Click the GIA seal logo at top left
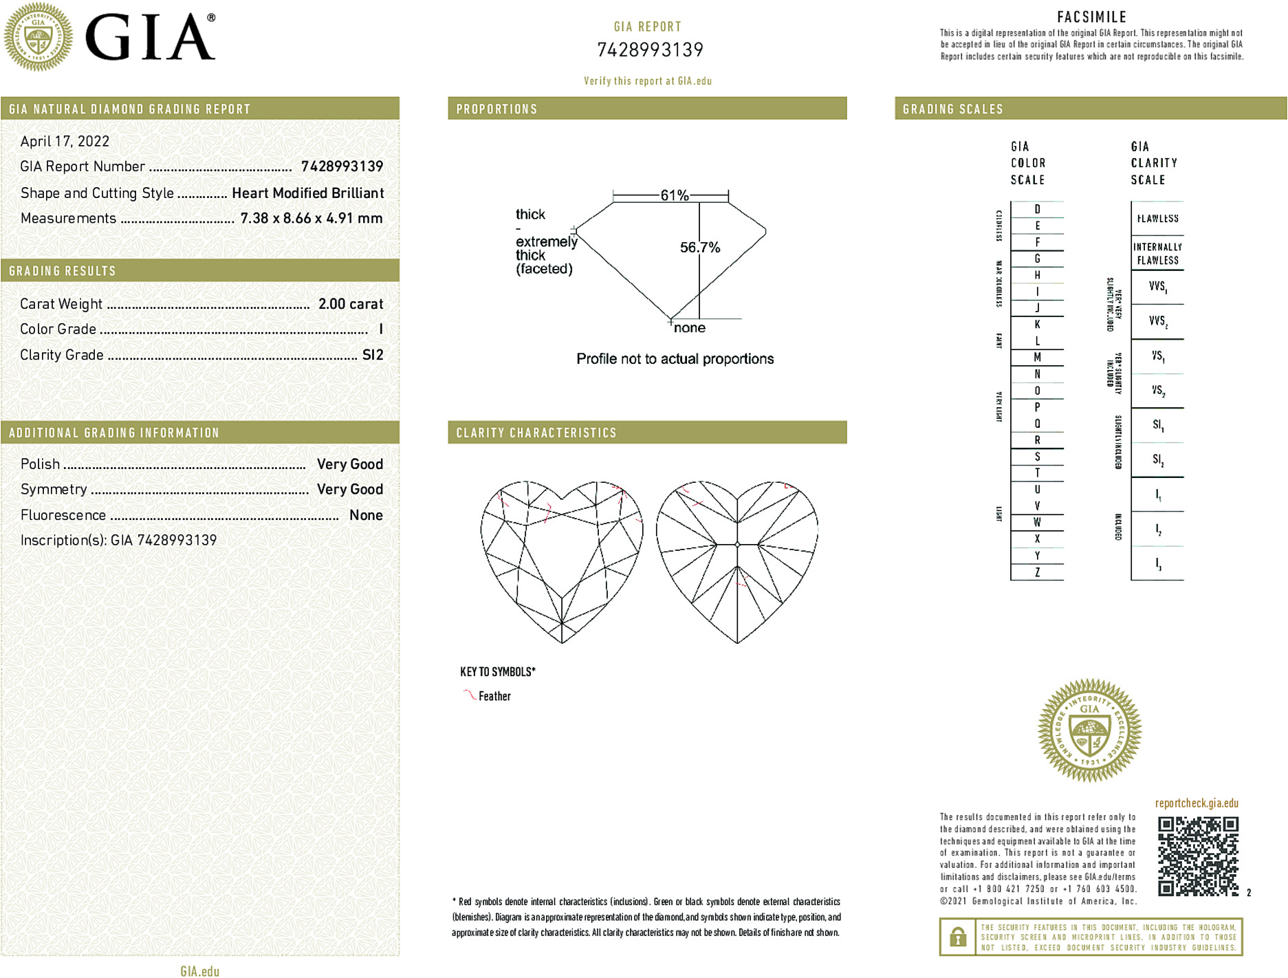point(39,36)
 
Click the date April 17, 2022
point(65,142)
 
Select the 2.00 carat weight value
point(350,304)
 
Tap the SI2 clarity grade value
point(373,355)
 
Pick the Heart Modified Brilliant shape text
point(307,193)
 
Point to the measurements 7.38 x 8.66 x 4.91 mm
point(311,219)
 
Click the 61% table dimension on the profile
point(674,195)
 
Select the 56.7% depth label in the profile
point(699,248)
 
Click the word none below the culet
point(689,328)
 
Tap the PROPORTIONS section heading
point(496,109)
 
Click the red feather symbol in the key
point(470,695)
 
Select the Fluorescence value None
point(366,515)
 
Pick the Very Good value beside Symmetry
point(349,490)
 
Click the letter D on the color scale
point(1037,209)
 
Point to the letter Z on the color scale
point(1037,572)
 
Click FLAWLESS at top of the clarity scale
point(1157,219)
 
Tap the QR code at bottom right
point(1197,856)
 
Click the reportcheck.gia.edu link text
point(1197,803)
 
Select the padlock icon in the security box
point(957,937)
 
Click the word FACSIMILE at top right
point(1091,17)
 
